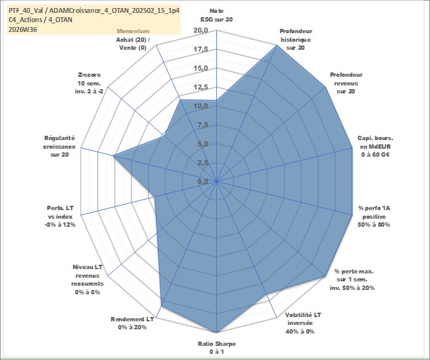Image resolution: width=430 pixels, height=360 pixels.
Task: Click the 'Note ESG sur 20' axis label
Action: pos(217,15)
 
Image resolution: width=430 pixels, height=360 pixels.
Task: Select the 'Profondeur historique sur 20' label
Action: pos(295,39)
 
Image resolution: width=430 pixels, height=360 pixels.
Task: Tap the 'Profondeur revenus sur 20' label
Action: pos(346,83)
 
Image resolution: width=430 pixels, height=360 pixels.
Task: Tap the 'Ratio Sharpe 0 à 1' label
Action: pos(217,348)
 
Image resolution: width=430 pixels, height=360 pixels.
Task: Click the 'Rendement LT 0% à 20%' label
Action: pos(132,323)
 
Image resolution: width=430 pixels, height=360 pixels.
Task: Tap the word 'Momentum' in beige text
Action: pos(133,31)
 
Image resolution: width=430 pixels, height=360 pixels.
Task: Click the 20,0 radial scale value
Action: pos(201,31)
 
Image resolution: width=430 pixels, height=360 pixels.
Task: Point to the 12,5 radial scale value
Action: pos(201,87)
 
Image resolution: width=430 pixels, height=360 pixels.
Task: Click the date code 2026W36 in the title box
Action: pos(23,29)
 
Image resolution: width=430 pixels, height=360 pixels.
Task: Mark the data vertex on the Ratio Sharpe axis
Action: pos(217,332)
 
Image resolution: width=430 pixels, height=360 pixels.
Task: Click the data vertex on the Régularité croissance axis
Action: pos(113,156)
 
